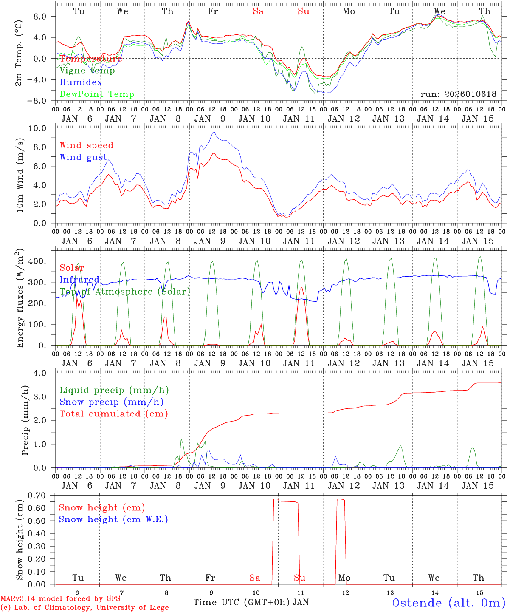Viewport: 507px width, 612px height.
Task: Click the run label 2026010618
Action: [458, 94]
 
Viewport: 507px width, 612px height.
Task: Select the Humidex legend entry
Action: [81, 82]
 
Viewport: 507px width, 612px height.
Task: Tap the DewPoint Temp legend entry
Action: [97, 94]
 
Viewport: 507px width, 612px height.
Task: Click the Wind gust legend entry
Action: [83, 157]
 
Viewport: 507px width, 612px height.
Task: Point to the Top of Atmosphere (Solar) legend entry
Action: [125, 292]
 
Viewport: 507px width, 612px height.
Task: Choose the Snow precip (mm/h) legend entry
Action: [111, 402]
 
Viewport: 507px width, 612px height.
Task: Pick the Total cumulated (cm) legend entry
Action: [113, 414]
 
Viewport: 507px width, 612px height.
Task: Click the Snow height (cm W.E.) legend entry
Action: [113, 519]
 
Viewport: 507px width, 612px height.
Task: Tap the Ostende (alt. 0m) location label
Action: [448, 603]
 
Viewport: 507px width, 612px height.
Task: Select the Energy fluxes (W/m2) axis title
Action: [20, 298]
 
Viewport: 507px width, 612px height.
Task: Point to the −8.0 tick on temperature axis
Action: [42, 101]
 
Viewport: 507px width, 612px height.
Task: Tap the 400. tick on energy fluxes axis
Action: [42, 261]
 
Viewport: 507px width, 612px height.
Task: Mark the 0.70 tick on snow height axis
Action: [41, 495]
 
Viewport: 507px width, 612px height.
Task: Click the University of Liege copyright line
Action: [84, 608]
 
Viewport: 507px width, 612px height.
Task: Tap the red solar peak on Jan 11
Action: [301, 288]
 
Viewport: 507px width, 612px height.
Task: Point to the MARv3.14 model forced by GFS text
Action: [60, 599]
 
